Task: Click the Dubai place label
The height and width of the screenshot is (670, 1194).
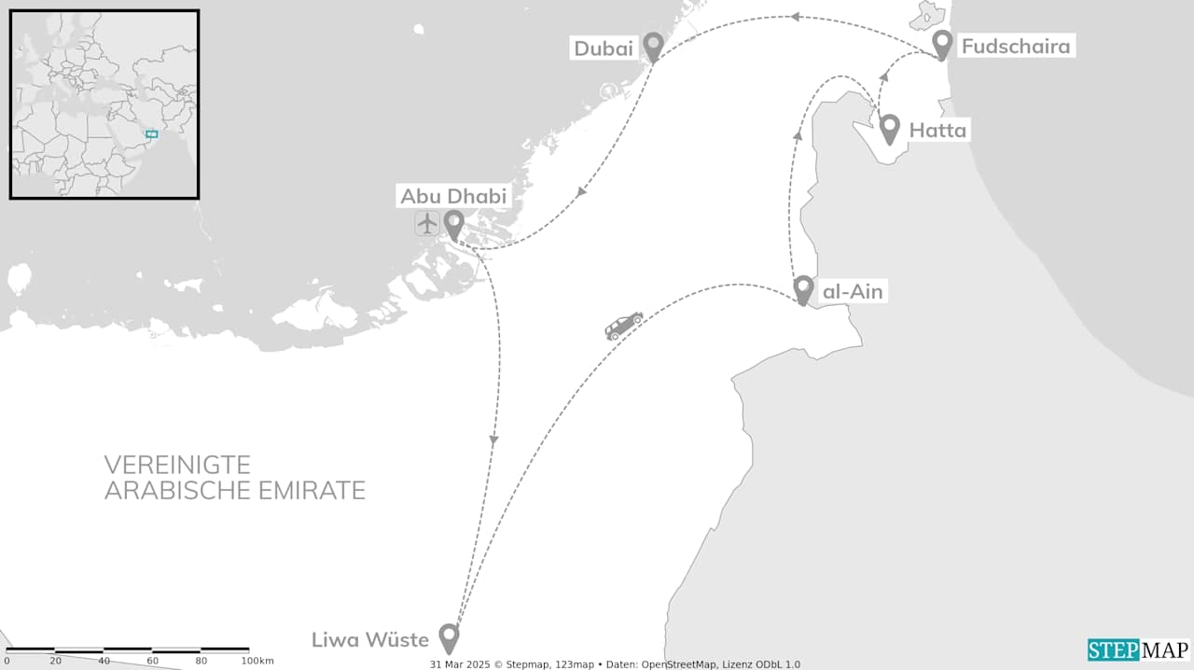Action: click(604, 49)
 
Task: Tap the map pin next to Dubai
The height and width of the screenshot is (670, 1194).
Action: click(653, 46)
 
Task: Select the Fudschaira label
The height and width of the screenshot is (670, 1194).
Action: click(1015, 46)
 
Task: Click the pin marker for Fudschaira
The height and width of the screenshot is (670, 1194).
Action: click(942, 44)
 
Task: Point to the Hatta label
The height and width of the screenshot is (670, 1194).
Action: click(937, 131)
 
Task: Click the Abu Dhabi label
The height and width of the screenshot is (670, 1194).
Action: click(453, 196)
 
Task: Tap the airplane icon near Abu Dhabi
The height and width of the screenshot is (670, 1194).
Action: click(427, 224)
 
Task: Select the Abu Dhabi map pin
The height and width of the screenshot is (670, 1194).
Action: click(453, 224)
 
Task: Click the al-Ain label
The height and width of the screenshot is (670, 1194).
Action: click(851, 292)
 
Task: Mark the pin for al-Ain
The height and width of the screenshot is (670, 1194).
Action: click(803, 289)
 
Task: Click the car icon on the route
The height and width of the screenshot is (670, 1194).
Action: click(624, 326)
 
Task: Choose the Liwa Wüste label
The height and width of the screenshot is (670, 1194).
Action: click(370, 640)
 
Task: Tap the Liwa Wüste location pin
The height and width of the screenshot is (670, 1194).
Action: click(449, 637)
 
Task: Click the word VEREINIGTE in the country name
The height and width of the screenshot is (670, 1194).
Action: click(177, 465)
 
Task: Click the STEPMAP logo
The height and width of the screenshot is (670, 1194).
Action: click(1138, 649)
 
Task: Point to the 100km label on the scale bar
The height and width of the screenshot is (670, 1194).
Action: click(257, 661)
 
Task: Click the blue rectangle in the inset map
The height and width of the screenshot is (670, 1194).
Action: click(151, 134)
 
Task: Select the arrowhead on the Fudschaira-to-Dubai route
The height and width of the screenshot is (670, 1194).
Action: click(794, 17)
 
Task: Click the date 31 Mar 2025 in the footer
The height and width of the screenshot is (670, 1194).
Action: click(460, 664)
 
